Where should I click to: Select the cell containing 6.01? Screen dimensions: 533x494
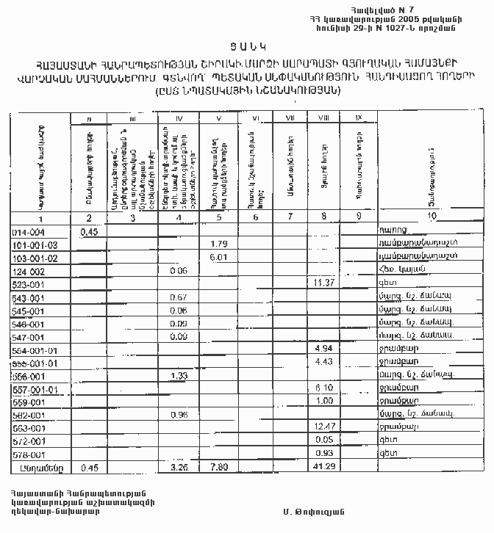click(218, 257)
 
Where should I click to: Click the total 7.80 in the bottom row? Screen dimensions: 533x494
click(220, 467)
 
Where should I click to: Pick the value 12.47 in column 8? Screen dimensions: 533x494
click(323, 427)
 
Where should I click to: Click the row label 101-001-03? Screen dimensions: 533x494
click(35, 244)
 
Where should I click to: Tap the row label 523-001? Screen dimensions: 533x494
click(29, 283)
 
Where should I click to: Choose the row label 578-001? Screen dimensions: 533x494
click(29, 454)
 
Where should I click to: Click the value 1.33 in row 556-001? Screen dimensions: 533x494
click(177, 376)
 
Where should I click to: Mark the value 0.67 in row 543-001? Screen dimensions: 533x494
click(176, 297)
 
